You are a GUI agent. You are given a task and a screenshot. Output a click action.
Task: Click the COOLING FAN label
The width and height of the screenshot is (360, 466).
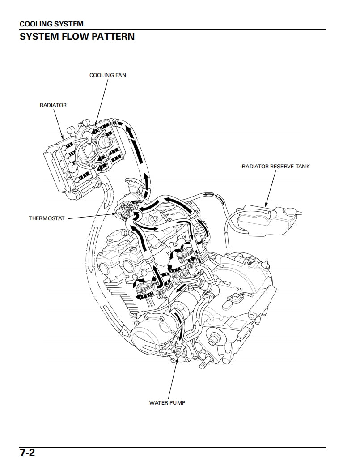point(107,75)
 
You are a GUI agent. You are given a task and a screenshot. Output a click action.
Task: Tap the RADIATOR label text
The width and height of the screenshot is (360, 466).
point(53,105)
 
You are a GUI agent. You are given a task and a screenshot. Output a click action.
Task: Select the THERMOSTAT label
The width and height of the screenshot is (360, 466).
point(47,218)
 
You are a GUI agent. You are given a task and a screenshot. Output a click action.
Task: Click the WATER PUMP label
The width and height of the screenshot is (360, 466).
point(167,402)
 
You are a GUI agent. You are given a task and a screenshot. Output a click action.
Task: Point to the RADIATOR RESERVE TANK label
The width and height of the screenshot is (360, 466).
point(275,167)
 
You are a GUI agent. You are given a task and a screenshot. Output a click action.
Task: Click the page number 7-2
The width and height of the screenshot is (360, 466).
point(27,453)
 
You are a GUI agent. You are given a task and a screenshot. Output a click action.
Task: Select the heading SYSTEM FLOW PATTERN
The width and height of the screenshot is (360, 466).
point(77,37)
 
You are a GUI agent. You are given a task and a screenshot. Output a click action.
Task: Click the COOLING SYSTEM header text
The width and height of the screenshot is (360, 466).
point(51,24)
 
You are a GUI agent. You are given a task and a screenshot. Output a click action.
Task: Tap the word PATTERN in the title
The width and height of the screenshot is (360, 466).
point(113,37)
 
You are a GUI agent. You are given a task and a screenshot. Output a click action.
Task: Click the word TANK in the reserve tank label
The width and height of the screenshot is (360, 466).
point(301,167)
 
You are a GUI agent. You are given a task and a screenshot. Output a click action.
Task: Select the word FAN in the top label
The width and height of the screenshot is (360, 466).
point(121,75)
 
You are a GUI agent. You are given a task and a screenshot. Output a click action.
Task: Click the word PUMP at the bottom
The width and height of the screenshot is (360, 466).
point(177,402)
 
